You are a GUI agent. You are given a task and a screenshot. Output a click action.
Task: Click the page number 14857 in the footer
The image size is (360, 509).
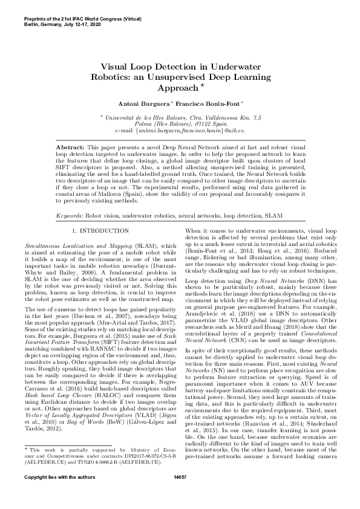coord(180,494)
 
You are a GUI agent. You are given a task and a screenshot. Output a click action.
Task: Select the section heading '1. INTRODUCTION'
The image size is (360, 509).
coord(96,231)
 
